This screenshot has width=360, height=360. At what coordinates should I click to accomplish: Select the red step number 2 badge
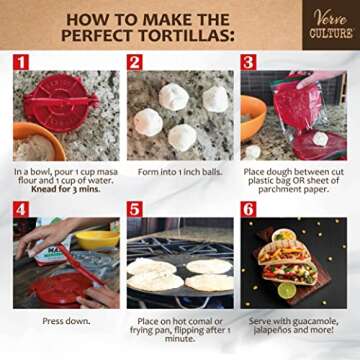coord(135,62)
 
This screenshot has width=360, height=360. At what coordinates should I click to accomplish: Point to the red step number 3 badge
coord(248,62)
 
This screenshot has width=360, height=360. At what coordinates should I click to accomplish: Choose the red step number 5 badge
coord(135,211)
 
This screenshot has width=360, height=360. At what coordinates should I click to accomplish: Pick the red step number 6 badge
coord(248,211)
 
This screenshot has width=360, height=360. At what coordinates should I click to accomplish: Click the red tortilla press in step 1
coord(64,100)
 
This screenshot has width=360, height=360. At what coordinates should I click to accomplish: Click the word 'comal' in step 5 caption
coord(201,321)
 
